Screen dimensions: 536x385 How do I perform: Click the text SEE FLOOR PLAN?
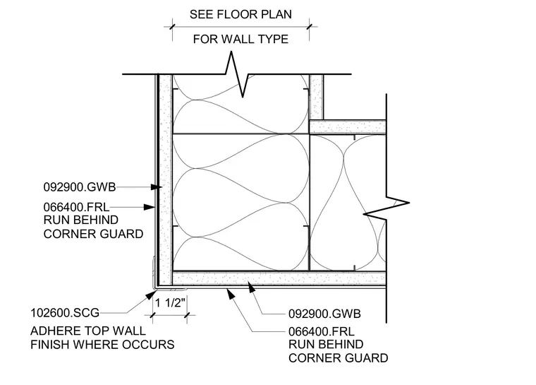tap(240, 14)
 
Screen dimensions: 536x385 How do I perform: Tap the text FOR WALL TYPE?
tap(240, 39)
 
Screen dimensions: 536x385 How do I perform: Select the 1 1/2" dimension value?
tap(170, 302)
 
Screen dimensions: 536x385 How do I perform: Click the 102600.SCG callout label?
tap(65, 313)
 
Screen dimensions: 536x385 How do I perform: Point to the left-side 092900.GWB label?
tap(80, 187)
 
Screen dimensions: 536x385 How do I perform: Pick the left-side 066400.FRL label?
tap(77, 207)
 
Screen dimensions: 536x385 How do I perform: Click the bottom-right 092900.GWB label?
tap(324, 314)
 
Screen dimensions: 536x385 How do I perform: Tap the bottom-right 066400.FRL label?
tap(322, 331)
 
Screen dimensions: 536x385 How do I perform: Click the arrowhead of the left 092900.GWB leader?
tap(157, 187)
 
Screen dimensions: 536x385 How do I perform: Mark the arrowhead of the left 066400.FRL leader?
tap(150, 207)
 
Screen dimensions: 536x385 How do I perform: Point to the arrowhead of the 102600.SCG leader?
tap(151, 295)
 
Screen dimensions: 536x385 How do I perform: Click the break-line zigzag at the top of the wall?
tap(237, 73)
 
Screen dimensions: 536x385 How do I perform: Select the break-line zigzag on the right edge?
tap(386, 208)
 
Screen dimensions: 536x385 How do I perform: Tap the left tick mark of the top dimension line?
tap(172, 27)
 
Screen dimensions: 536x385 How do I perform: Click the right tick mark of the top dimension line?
tap(310, 27)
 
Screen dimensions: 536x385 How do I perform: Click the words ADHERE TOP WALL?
tap(88, 331)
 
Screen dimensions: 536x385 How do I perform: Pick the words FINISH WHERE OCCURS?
tap(102, 345)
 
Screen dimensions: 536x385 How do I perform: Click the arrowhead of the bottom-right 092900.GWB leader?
tap(252, 288)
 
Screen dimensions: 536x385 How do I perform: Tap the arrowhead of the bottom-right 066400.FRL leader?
tap(231, 294)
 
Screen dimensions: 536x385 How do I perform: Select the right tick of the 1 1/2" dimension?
tap(187, 315)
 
